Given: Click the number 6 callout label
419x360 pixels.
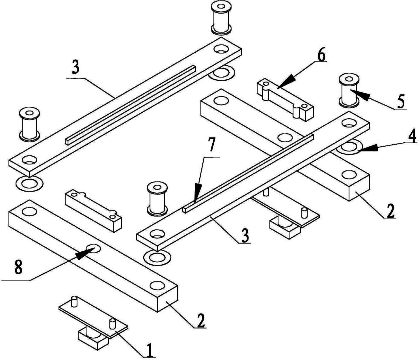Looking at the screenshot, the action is pos(321,55).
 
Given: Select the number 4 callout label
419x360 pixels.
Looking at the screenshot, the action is pos(411,136).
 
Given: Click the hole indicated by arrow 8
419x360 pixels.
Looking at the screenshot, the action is pos(93,248).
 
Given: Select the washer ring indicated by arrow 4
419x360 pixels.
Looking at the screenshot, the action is pos(349,147).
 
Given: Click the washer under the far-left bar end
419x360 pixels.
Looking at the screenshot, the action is pos(29,184).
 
